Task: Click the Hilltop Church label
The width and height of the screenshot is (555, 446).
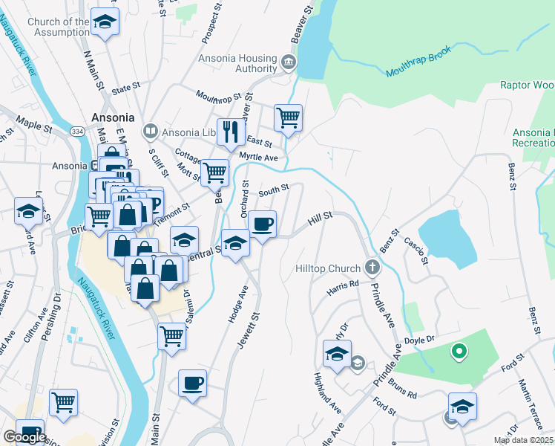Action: [327, 268]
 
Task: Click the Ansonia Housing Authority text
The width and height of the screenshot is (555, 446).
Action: [237, 64]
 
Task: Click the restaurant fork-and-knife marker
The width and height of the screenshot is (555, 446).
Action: [231, 132]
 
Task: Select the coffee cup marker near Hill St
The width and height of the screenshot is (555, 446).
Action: [261, 224]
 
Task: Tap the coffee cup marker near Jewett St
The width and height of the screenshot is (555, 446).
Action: [193, 383]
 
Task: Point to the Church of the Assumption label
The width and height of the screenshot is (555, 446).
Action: [58, 27]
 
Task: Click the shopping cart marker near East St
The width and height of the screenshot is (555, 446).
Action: [288, 117]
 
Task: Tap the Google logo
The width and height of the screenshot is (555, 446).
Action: [24, 437]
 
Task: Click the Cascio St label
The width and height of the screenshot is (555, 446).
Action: [415, 251]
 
